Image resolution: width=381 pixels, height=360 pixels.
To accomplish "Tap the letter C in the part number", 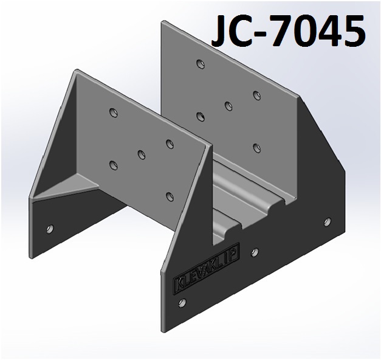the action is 252,30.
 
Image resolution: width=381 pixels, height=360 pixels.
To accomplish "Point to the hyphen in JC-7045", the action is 275,34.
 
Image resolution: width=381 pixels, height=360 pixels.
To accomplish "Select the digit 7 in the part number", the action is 295,30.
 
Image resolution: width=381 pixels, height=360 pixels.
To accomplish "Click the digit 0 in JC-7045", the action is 320,30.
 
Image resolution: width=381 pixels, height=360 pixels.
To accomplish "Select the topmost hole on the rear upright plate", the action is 201,64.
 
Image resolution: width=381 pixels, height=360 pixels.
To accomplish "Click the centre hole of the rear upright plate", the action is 228,106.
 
